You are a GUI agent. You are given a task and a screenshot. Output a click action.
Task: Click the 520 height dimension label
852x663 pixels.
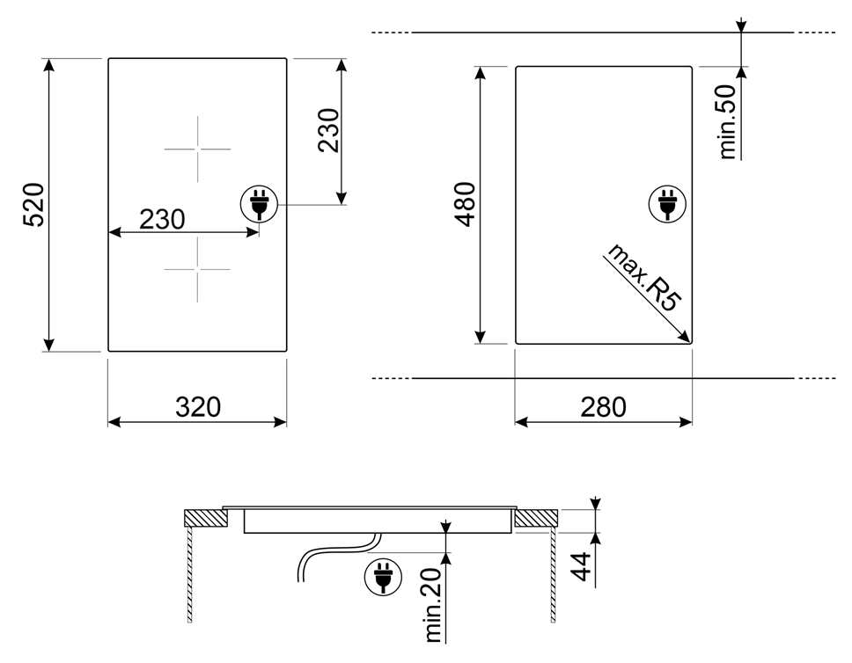pyautogui.click(x=33, y=205)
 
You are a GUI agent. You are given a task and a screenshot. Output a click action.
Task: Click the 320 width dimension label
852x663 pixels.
pyautogui.click(x=198, y=407)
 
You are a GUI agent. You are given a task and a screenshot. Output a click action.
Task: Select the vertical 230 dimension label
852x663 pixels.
pyautogui.click(x=328, y=130)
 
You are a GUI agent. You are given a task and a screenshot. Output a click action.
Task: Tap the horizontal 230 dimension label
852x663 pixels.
pyautogui.click(x=162, y=219)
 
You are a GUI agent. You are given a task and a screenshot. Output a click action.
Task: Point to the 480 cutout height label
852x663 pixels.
pyautogui.click(x=466, y=204)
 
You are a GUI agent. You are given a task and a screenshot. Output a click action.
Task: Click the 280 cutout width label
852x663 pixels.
pyautogui.click(x=603, y=407)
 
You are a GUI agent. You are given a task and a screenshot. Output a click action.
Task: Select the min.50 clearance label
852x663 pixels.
pyautogui.click(x=728, y=121)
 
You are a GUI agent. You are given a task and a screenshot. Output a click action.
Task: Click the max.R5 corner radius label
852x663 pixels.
pyautogui.click(x=644, y=277)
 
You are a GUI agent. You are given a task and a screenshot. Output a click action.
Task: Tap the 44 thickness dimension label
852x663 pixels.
pyautogui.click(x=582, y=566)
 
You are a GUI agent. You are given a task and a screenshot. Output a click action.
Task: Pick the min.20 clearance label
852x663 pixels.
pyautogui.click(x=434, y=605)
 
